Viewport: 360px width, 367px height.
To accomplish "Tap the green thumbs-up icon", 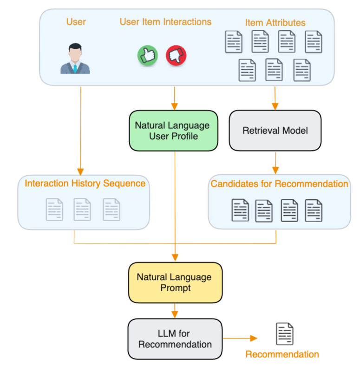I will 147,56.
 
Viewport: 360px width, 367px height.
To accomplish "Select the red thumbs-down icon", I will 176,56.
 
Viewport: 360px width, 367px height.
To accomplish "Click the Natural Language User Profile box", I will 173,131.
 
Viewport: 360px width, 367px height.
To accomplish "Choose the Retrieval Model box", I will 275,131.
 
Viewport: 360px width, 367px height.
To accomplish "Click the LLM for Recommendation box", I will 175,339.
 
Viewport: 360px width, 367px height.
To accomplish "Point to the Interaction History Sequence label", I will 85,183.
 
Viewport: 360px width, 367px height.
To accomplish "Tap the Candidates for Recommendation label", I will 279,184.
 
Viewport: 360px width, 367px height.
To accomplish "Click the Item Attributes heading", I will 275,22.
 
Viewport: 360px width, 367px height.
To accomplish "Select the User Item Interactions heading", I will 165,22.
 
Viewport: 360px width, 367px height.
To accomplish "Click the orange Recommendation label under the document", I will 282,354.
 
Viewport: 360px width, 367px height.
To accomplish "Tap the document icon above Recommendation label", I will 285,334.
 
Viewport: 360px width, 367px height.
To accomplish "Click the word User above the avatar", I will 76,22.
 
